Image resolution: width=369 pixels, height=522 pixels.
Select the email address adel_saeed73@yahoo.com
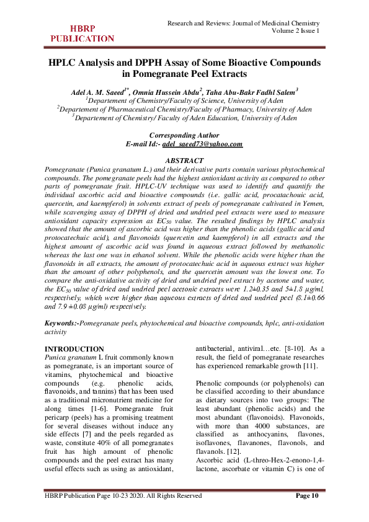tap(202, 144)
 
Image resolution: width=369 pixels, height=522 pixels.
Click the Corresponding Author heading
tap(184, 135)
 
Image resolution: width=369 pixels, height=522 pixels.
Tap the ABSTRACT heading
tap(184, 161)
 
